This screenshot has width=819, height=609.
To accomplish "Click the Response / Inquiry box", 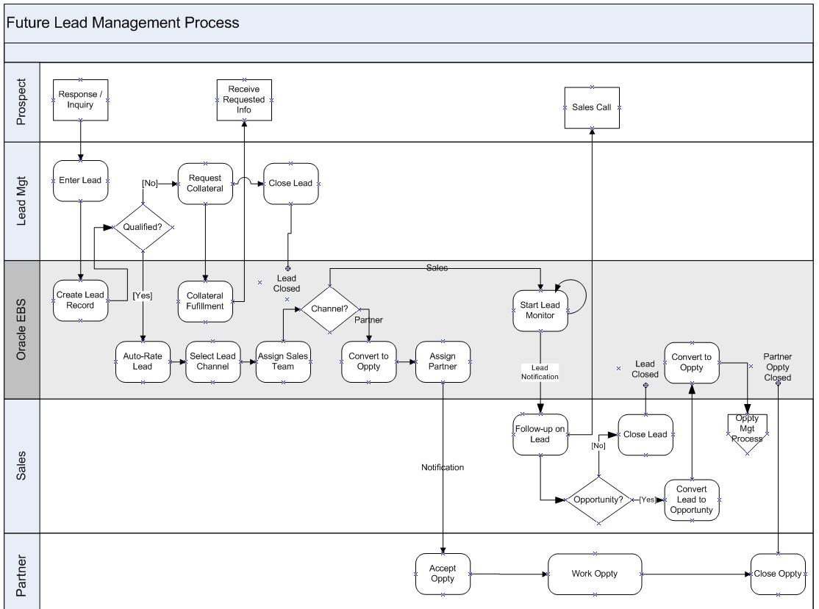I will tap(80, 100).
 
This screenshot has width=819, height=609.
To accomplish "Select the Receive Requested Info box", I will tap(243, 100).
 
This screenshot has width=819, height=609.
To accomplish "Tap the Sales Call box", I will tap(592, 107).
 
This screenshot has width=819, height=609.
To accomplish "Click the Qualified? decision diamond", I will tap(143, 227).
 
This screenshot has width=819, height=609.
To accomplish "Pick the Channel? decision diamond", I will tap(329, 309).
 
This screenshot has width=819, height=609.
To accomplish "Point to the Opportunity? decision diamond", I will tap(598, 500).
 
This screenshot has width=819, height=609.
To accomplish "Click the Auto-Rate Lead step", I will tap(143, 361).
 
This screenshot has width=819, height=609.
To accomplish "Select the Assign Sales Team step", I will tap(283, 361).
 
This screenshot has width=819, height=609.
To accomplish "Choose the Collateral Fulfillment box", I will tap(205, 301).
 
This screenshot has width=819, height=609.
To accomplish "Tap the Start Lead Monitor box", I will tap(540, 310).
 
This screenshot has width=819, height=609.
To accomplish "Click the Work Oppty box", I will tap(594, 574).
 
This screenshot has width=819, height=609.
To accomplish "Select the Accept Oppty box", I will tap(443, 574).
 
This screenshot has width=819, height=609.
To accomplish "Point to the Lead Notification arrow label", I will tap(540, 372).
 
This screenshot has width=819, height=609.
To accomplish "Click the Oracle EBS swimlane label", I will tap(21, 329).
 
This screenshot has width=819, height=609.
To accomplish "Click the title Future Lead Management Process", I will tap(123, 23).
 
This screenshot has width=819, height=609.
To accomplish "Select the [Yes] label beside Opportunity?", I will tap(648, 500).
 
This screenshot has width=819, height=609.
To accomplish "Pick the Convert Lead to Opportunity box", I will tap(691, 500).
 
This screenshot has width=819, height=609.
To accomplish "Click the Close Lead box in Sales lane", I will tap(645, 434).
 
